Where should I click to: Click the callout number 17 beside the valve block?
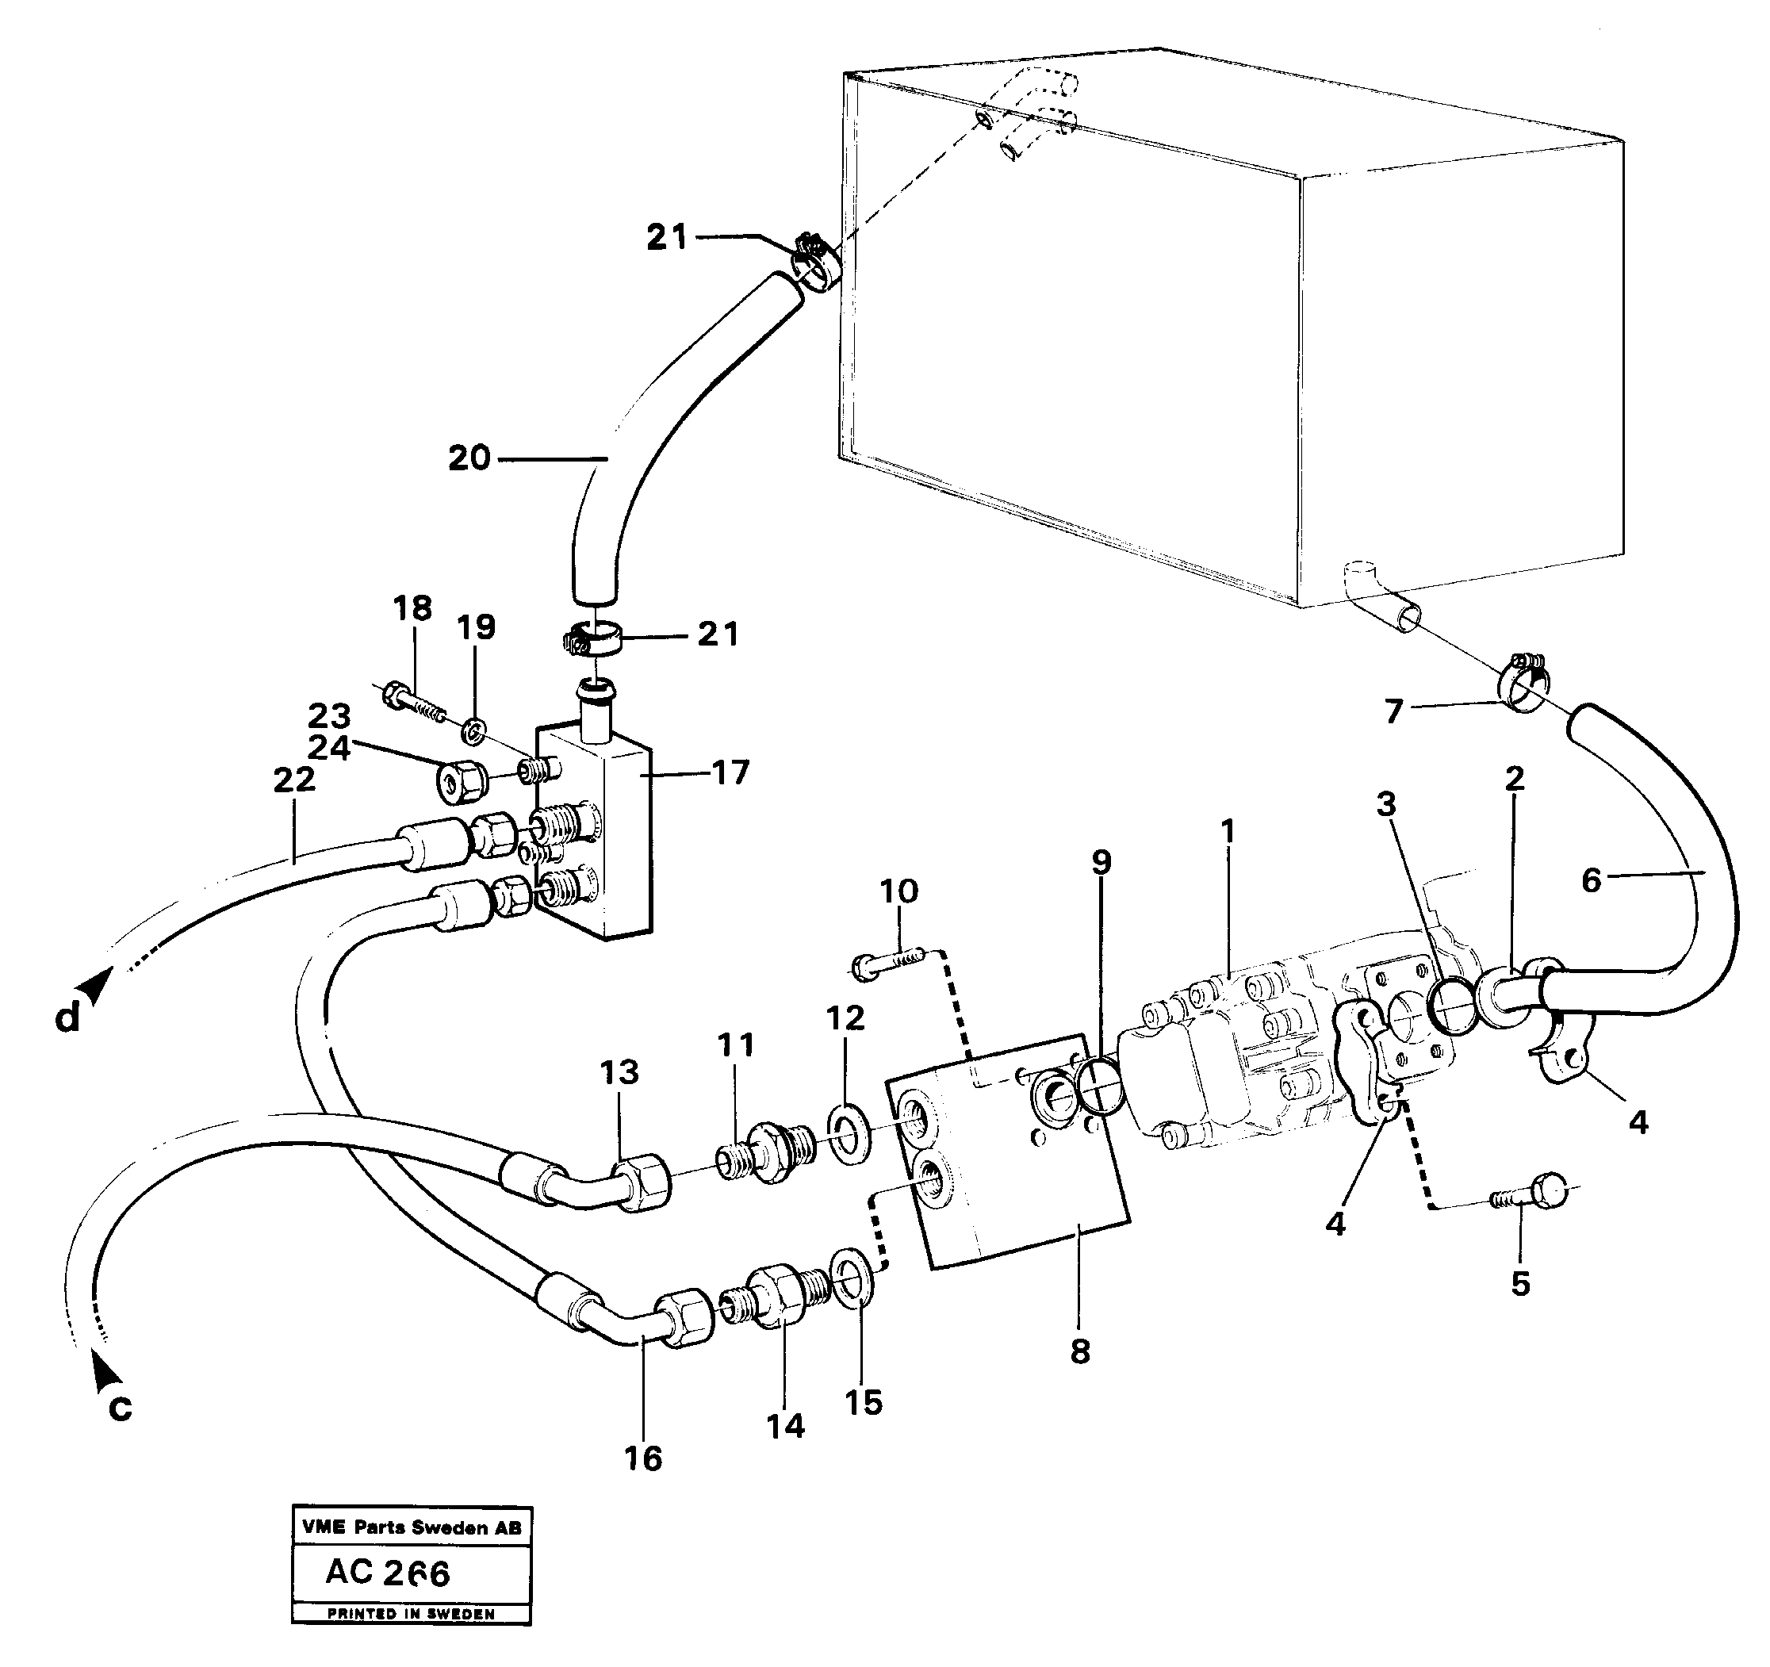pos(730,772)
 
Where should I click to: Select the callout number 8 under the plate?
pos(1079,1352)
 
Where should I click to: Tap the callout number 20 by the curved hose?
pos(469,458)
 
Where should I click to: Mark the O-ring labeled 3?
pos(1452,1005)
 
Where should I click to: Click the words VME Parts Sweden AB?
pos(412,1527)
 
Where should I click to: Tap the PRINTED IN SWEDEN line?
pos(411,1614)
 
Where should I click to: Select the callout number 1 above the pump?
pos(1228,831)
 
